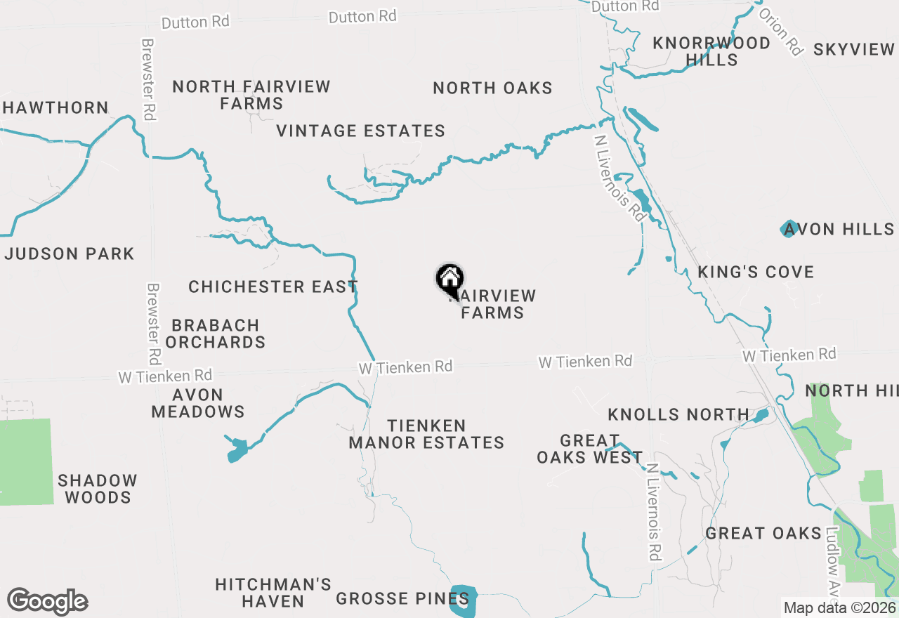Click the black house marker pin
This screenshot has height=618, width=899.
[449, 279]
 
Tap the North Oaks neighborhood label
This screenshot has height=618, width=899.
[492, 88]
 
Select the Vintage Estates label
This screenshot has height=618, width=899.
[360, 131]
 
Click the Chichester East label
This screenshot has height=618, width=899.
[273, 287]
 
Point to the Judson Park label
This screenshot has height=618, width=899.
[69, 254]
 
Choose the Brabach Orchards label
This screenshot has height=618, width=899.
[215, 334]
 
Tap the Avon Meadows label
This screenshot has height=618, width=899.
[198, 404]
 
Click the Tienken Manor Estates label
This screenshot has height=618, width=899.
[426, 435]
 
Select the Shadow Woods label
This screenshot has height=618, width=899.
[98, 489]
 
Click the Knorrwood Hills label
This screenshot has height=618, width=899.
[711, 51]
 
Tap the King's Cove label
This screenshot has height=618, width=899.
[756, 272]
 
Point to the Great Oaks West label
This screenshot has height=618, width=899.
[590, 449]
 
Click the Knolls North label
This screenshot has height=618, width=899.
[678, 415]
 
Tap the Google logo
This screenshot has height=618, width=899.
[48, 602]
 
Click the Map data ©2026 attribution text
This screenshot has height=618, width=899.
[840, 608]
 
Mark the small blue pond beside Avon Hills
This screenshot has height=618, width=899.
[788, 228]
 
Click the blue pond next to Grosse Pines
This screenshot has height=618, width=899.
[464, 600]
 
